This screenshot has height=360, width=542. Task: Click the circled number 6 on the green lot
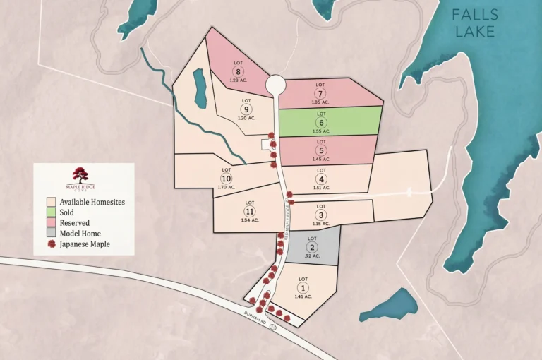pos(322,122)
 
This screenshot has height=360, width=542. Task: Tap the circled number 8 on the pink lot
pos(239,71)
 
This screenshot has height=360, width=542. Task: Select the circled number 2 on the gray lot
pos(312,247)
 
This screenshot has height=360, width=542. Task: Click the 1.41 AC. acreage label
pos(303,296)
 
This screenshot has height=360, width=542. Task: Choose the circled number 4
pos(321,179)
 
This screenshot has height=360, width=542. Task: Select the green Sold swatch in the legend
pos(51,212)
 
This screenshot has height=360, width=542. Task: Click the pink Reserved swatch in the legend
pos(51,223)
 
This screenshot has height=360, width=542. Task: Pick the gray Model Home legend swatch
pos(51,234)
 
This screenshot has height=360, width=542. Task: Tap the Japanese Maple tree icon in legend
pos(51,244)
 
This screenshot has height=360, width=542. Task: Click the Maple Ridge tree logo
pos(80,174)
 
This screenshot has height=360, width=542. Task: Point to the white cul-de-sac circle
pos(275,85)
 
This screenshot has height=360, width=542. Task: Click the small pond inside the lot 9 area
pos(200,88)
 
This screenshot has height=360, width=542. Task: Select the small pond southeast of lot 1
pos(389,305)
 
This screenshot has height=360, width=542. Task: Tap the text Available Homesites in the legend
pos(92,202)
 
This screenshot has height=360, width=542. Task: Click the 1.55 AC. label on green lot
pos(322,131)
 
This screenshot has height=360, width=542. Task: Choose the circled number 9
pos(246,109)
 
